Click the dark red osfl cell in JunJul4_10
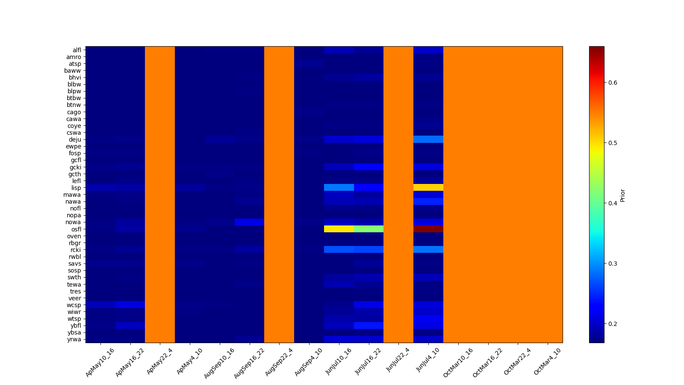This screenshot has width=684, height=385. [428, 229]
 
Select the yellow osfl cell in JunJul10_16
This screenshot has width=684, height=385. [339, 229]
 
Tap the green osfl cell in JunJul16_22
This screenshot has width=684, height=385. [369, 229]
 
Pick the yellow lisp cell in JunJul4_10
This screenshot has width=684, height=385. [428, 187]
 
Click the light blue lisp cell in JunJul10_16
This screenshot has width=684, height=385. [339, 187]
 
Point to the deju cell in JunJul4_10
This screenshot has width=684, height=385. [428, 139]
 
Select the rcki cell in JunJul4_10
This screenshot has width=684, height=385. [428, 249]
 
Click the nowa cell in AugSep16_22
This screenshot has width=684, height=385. [249, 222]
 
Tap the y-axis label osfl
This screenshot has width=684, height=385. [76, 229]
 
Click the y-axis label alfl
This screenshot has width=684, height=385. [77, 50]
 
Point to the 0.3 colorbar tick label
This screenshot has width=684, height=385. [613, 264]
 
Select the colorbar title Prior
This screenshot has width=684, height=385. [622, 195]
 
